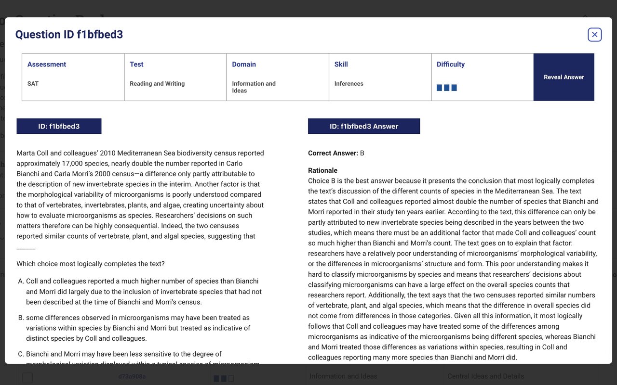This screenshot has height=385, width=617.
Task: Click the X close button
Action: [x=594, y=35]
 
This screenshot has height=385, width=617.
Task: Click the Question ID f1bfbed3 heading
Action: [x=69, y=35]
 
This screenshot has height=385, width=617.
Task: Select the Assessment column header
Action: [x=47, y=64]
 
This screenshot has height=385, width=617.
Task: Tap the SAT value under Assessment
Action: [x=33, y=84]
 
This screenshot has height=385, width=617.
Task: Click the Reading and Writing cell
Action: [x=157, y=84]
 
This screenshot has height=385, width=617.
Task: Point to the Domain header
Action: [x=244, y=64]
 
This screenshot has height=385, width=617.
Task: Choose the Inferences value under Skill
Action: [x=349, y=84]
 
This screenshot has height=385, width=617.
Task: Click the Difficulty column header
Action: [x=451, y=64]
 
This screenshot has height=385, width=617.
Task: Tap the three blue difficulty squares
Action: [x=446, y=88]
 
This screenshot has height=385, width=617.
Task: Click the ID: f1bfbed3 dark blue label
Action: [x=59, y=126]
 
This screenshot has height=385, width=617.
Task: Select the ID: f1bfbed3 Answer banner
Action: [x=364, y=126]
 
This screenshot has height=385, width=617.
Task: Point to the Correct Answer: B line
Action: [x=336, y=153]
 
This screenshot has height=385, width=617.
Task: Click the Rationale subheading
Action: [x=322, y=170]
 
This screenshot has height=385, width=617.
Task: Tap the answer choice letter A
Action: [x=21, y=281]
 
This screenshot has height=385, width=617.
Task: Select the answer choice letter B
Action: [x=21, y=318]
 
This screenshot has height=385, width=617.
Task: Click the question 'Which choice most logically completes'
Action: [x=91, y=264]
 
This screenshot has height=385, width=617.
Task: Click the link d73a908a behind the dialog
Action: [x=132, y=376]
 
